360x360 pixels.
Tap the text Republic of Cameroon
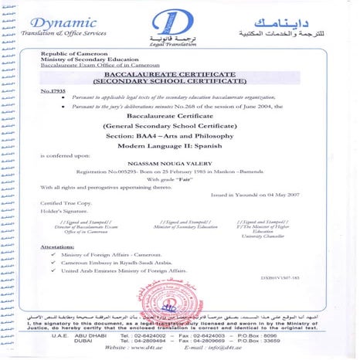71,51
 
